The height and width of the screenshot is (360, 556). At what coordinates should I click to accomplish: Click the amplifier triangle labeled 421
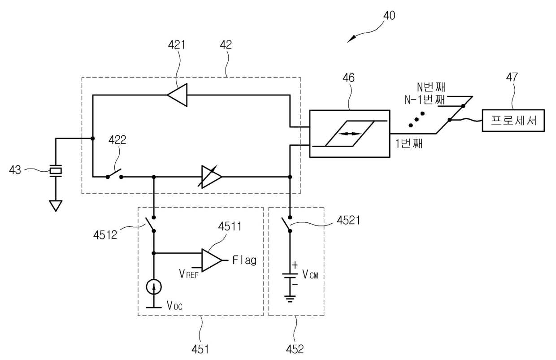pyautogui.click(x=178, y=95)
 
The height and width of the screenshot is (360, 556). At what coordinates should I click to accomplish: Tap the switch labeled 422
pyautogui.click(x=114, y=174)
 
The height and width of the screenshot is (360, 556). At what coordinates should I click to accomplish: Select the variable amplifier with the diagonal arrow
pyautogui.click(x=210, y=177)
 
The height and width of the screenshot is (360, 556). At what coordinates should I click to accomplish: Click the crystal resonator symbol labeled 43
pyautogui.click(x=56, y=171)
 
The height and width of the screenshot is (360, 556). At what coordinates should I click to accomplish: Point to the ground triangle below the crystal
pyautogui.click(x=56, y=206)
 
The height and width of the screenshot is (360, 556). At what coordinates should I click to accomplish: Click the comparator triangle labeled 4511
pyautogui.click(x=212, y=260)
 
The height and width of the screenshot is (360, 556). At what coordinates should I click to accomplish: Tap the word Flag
pyautogui.click(x=244, y=260)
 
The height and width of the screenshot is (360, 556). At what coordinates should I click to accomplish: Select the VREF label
pyautogui.click(x=189, y=274)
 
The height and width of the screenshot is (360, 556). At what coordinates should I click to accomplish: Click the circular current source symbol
pyautogui.click(x=154, y=287)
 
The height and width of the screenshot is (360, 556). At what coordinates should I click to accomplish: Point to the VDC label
pyautogui.click(x=175, y=306)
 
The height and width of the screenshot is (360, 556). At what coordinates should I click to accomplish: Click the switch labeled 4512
pyautogui.click(x=151, y=224)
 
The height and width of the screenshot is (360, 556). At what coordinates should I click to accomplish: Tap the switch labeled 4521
pyautogui.click(x=287, y=224)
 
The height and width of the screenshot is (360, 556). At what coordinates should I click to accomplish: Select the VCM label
pyautogui.click(x=310, y=274)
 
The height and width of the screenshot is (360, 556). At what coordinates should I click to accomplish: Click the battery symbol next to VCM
pyautogui.click(x=290, y=276)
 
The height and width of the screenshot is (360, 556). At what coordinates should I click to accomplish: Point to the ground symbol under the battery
pyautogui.click(x=290, y=299)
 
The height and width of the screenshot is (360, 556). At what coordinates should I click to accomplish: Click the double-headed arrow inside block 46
pyautogui.click(x=350, y=134)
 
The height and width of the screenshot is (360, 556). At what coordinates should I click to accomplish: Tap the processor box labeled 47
pyautogui.click(x=513, y=120)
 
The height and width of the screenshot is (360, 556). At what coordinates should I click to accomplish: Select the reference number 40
pyautogui.click(x=389, y=16)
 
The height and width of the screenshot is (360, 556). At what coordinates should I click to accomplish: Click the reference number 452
pyautogui.click(x=295, y=349)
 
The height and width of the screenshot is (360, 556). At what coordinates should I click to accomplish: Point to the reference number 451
pyautogui.click(x=200, y=349)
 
